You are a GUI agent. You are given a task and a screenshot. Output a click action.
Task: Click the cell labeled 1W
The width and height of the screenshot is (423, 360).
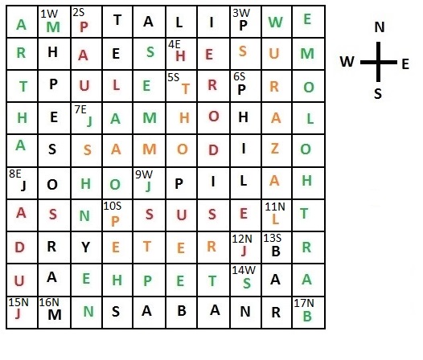click(54, 22)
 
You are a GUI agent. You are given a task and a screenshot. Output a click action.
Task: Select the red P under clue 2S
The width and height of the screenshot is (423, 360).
click(84, 27)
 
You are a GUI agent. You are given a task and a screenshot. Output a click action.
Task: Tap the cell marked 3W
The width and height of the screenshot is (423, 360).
click(245, 22)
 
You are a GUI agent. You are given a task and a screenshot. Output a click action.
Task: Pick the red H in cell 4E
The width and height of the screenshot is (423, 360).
click(180, 56)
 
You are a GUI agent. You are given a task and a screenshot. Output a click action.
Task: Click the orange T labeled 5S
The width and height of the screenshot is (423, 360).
click(185, 88)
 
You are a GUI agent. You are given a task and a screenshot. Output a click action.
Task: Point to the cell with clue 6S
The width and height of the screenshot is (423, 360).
click(245, 86)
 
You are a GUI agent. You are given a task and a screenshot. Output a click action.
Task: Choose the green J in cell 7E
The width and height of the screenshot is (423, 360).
click(89, 121)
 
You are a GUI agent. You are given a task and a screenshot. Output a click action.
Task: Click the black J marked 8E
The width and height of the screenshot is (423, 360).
click(23, 186)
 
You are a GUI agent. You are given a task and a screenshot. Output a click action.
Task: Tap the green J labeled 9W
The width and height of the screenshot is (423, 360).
click(148, 186)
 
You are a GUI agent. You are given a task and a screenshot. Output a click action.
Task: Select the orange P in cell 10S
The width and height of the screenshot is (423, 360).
click(115, 222)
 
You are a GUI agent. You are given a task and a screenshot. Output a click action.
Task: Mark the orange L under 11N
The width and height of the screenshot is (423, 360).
click(275, 219)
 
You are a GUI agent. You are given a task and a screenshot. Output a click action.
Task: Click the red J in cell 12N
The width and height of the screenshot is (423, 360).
click(244, 251)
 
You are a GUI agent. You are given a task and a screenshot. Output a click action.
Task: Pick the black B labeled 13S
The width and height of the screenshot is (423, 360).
click(276, 252)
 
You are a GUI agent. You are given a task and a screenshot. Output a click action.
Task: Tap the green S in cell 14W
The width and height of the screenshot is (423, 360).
click(247, 283)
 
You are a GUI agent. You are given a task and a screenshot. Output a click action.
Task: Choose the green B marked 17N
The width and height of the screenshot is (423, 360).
click(307, 316)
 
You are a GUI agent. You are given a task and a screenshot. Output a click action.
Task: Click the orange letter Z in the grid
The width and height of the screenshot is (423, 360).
click(275, 149)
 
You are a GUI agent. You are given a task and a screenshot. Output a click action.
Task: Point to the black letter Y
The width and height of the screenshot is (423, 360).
click(85, 247)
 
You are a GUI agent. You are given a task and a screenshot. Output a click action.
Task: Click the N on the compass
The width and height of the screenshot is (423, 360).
click(380, 27)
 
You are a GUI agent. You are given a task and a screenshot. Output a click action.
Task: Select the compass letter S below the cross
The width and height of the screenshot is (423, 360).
click(378, 93)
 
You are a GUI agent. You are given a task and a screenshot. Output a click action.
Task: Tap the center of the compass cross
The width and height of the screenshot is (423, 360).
click(378, 63)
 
